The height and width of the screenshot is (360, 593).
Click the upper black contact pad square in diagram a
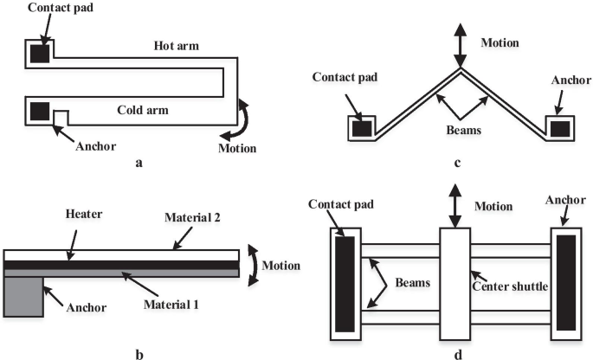(x=39, y=53)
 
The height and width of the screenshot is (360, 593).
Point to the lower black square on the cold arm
(x=39, y=111)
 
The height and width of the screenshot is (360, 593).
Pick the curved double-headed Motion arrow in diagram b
(x=252, y=264)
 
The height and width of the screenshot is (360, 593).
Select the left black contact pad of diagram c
(x=361, y=128)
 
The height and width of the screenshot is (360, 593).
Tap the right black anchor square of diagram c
(x=561, y=128)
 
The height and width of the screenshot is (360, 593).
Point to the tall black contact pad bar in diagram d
(x=344, y=283)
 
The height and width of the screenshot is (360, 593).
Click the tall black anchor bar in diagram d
(x=566, y=283)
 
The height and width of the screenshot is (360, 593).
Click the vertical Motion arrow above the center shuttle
(x=455, y=206)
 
